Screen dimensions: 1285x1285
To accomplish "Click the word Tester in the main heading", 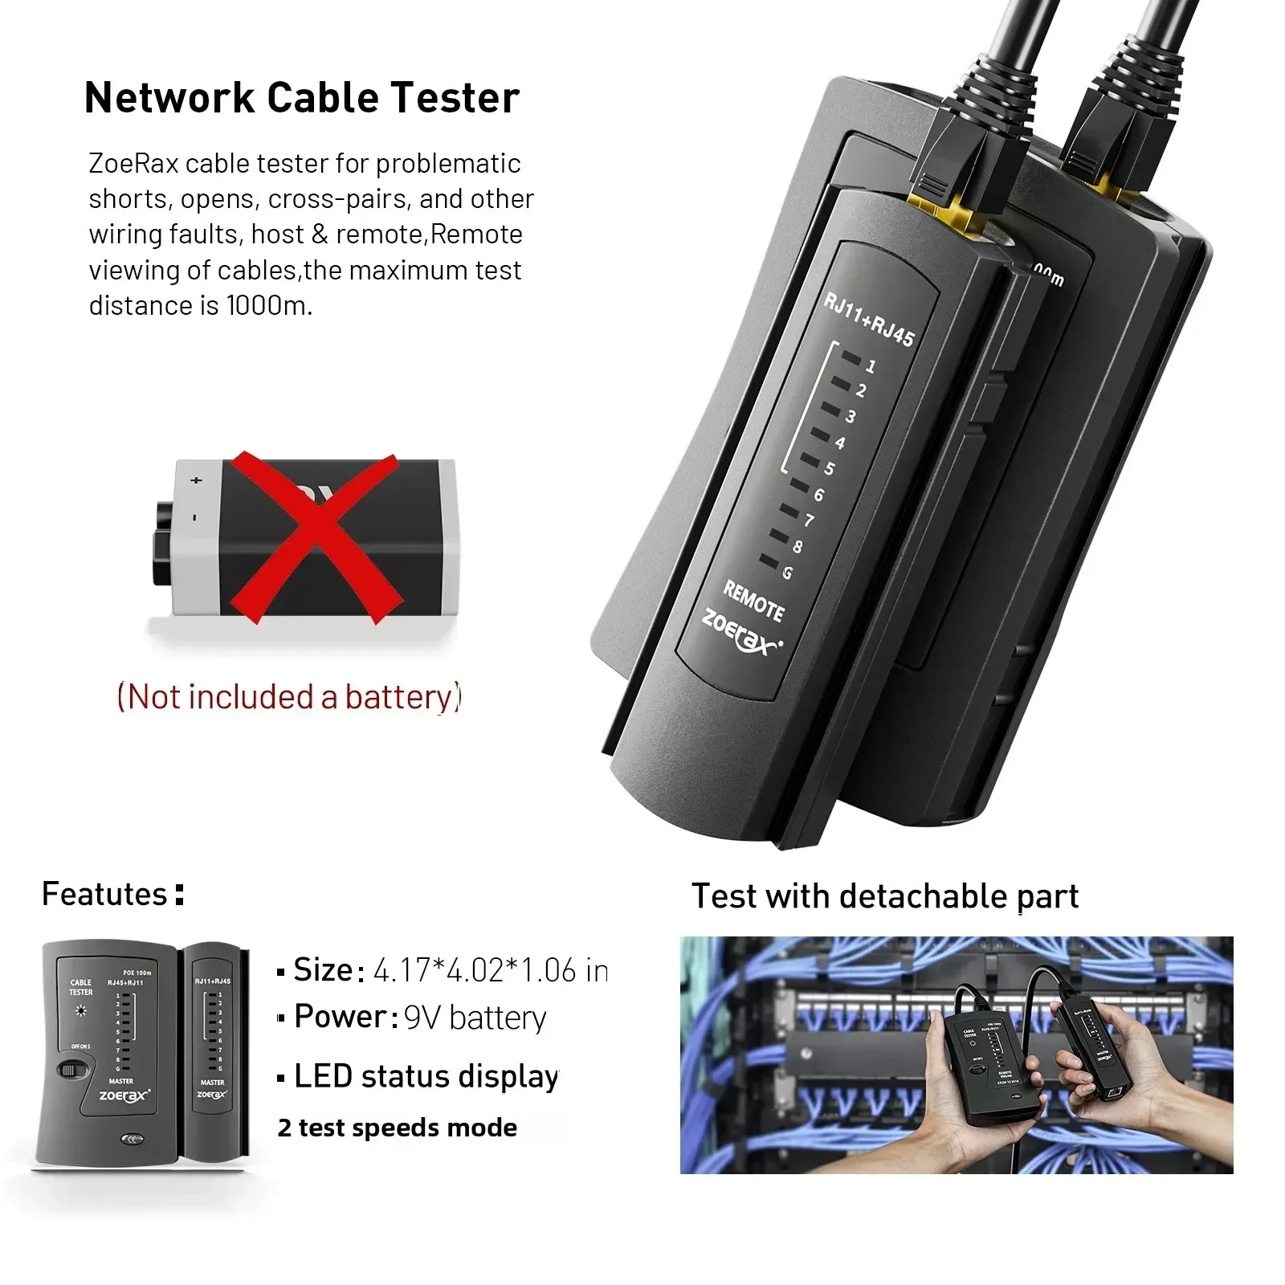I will (x=455, y=98).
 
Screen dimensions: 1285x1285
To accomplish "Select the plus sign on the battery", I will (x=196, y=480).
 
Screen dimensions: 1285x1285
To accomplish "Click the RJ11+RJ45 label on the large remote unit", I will (x=869, y=320).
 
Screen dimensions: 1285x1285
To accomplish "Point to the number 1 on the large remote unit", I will (x=871, y=366).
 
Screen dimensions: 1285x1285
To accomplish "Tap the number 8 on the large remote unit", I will (x=798, y=547).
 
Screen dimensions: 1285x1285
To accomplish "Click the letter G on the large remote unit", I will (x=787, y=573).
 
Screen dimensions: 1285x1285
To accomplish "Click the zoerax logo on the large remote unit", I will (x=740, y=633).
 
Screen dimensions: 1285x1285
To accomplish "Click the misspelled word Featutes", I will (x=104, y=894).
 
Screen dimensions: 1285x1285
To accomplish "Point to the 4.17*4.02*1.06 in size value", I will (x=490, y=971).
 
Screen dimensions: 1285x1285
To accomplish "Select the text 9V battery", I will (x=475, y=1018).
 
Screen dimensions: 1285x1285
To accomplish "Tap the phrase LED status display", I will (x=426, y=1076).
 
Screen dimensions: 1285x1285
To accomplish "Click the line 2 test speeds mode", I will (x=397, y=1128).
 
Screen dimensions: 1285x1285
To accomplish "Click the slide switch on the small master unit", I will (x=74, y=1070).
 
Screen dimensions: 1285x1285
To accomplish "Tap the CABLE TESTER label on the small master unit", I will (x=80, y=987).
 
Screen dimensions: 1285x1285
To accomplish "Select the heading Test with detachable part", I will (x=884, y=896).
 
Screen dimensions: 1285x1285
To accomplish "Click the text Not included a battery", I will (x=289, y=696).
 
